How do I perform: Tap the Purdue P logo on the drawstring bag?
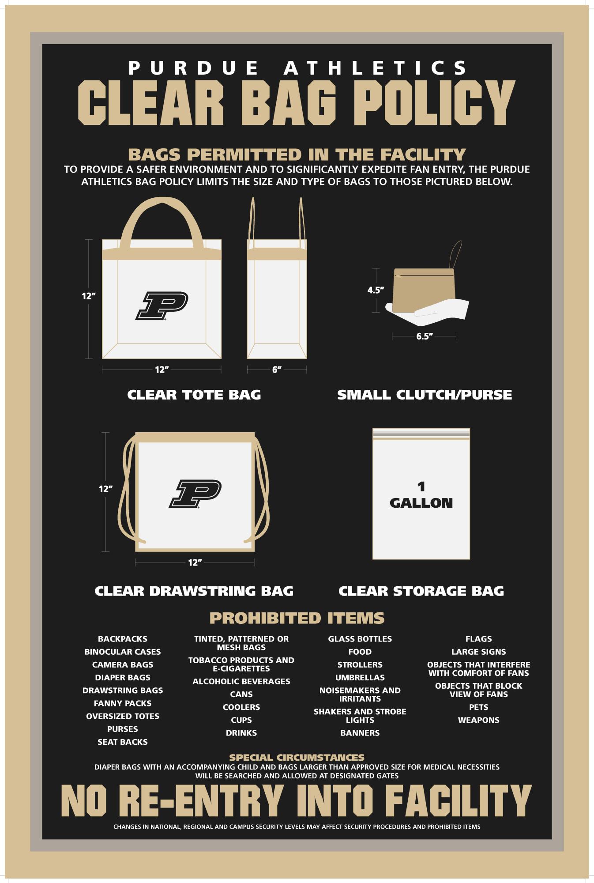(x=195, y=494)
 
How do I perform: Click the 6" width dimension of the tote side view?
(x=277, y=370)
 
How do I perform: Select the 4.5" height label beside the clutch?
(x=376, y=290)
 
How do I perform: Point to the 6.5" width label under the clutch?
(x=424, y=336)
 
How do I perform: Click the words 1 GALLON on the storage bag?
(x=421, y=495)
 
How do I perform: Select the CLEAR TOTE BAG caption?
(x=194, y=394)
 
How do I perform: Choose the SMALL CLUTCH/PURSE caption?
(x=425, y=394)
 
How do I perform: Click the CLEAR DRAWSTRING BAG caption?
(x=194, y=591)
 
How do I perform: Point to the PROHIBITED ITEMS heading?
(x=297, y=618)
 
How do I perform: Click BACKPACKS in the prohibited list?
(x=123, y=639)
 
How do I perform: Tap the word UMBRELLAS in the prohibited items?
(x=360, y=677)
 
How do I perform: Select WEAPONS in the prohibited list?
(x=479, y=720)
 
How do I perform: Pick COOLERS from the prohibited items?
(x=241, y=707)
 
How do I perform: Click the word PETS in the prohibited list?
(x=479, y=707)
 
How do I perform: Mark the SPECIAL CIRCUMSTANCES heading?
(x=297, y=758)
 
